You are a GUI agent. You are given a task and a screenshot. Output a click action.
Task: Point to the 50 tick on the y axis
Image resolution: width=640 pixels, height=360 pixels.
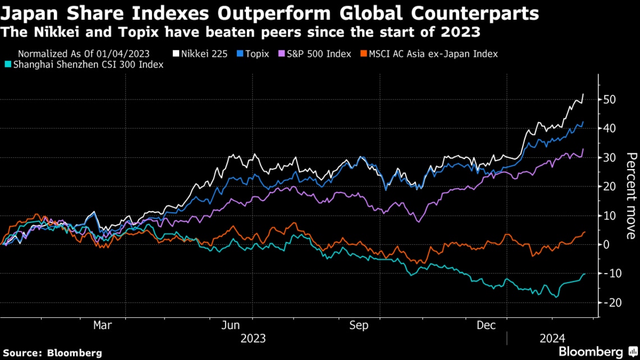click(610, 99)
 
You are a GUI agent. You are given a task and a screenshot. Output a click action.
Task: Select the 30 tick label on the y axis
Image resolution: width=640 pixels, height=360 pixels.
click(610, 157)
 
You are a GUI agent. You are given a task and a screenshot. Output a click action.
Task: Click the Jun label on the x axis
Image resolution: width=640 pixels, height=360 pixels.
click(231, 325)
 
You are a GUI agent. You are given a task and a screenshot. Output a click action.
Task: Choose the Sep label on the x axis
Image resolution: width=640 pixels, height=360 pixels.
click(359, 325)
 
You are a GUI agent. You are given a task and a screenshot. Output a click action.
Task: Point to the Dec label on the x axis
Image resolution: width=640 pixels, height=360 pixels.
click(487, 325)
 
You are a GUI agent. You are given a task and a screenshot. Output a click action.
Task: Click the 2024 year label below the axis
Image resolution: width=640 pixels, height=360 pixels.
click(552, 339)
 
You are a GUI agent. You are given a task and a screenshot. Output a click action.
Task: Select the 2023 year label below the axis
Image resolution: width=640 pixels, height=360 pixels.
click(253, 339)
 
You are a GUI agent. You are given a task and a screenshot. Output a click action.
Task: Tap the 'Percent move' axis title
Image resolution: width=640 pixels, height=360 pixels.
click(631, 195)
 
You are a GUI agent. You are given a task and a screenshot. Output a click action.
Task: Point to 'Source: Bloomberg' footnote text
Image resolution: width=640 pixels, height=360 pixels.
click(52, 353)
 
